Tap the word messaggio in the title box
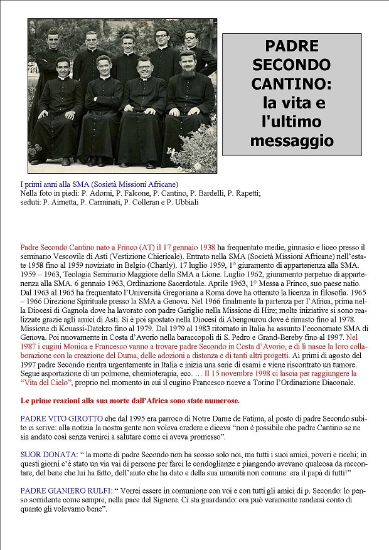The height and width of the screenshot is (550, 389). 292,140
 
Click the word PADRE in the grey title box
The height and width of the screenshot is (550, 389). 292,46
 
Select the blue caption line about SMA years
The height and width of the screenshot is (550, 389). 99,184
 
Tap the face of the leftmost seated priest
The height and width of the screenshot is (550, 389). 63,68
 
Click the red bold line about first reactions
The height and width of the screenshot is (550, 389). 130,400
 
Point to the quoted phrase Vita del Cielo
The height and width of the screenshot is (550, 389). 46,382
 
